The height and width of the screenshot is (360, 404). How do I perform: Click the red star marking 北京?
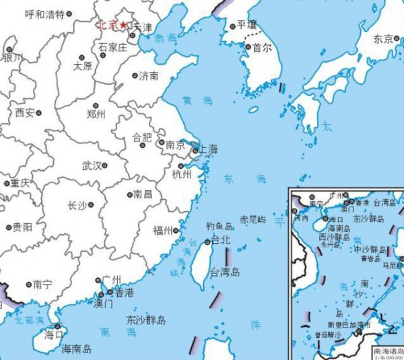pos(124,26)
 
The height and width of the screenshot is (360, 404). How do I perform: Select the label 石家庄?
pos(112,47)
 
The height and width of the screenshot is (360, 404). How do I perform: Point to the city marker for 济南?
pos(134,76)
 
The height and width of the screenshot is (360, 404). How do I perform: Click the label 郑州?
pos(96,114)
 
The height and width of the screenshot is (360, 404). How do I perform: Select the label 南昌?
pos(143,194)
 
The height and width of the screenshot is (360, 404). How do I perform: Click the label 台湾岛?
pos(225,272)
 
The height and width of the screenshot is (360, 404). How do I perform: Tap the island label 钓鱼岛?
pos(219,226)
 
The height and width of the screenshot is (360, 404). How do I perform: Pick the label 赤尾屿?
pos(253,220)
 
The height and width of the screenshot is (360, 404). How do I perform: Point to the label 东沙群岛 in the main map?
pos(146,320)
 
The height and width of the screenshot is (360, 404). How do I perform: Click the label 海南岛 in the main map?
pos(77,349)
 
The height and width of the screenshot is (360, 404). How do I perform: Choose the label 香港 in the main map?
pos(125,293)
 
